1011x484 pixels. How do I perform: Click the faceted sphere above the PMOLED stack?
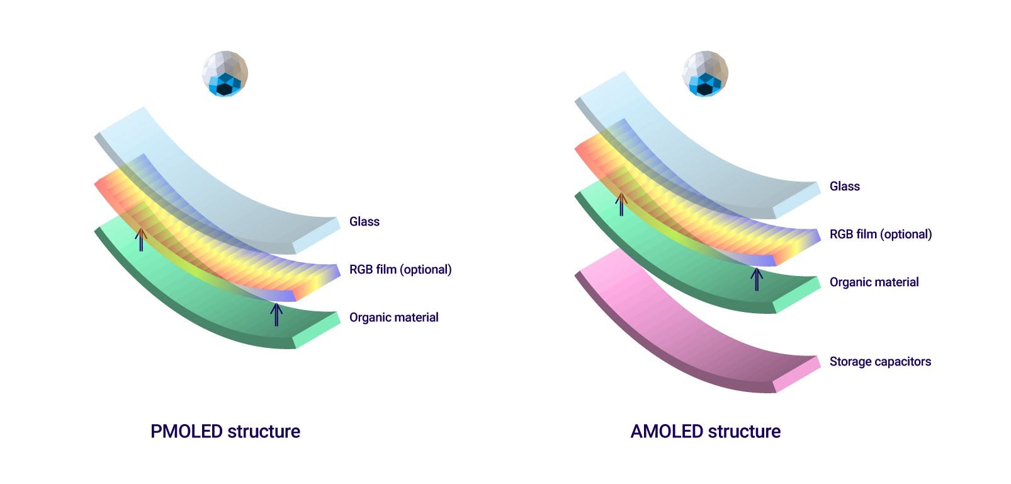(225, 74)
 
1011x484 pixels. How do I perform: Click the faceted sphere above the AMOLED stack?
(705, 74)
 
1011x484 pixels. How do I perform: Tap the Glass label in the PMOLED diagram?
(364, 221)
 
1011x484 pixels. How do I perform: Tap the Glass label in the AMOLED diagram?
(844, 186)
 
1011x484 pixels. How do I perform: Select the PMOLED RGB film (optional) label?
(400, 269)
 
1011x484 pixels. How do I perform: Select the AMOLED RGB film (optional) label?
(880, 234)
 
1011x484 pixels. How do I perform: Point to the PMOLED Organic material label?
(393, 317)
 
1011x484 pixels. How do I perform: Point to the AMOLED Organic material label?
(874, 282)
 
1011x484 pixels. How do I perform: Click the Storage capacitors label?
(879, 361)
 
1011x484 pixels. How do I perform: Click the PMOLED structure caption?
(225, 431)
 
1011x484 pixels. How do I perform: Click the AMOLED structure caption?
(705, 431)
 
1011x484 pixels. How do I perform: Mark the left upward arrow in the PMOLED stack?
(141, 239)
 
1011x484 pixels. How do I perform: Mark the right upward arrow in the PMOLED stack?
(276, 314)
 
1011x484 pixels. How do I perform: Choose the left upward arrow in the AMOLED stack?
(621, 204)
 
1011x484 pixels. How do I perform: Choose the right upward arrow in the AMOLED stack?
(757, 279)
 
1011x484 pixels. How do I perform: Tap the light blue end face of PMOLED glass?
(317, 235)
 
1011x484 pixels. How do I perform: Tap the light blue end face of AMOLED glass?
(797, 199)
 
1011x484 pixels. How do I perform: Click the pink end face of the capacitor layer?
(797, 374)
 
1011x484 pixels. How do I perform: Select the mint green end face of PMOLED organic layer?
(317, 330)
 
